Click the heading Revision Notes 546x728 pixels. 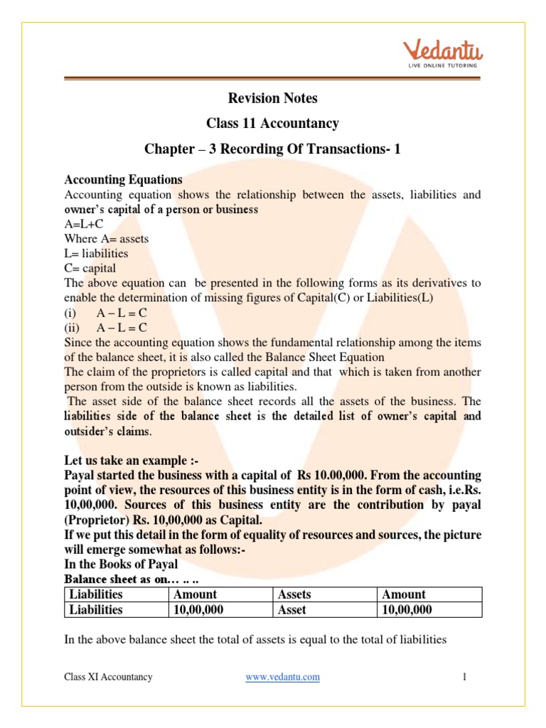click(x=272, y=98)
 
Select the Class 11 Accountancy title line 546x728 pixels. click(x=272, y=124)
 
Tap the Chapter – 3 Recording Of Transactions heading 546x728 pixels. click(x=272, y=149)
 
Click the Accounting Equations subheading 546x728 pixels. click(x=123, y=180)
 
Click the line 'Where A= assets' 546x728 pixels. click(x=106, y=239)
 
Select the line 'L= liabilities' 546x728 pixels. click(x=96, y=253)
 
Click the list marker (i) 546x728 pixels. click(x=72, y=312)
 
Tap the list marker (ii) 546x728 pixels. click(x=73, y=327)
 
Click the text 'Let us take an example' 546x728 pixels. click(x=132, y=460)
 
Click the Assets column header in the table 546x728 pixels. click(x=294, y=594)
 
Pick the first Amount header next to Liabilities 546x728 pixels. click(x=195, y=594)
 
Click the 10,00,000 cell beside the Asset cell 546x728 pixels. click(x=407, y=610)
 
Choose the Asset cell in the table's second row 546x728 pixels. click(x=292, y=610)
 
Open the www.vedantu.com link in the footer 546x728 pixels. click(x=282, y=678)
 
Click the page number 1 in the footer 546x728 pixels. click(x=464, y=678)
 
